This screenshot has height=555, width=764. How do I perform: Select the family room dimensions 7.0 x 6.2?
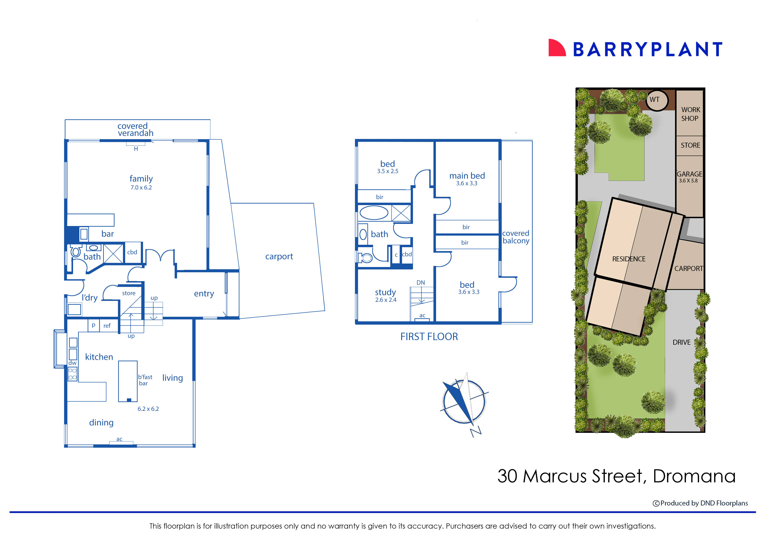point(141,188)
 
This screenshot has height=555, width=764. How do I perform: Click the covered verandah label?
point(135,129)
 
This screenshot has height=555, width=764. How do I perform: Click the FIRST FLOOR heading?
point(429,337)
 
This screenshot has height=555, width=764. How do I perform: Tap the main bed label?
point(467,176)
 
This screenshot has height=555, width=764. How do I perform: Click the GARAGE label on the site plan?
point(689,174)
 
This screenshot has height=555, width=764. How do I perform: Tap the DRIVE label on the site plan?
point(681,342)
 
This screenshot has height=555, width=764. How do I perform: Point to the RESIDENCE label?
point(629,259)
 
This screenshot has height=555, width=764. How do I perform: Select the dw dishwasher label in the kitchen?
point(72,363)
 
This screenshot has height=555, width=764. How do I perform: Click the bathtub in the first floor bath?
point(374,213)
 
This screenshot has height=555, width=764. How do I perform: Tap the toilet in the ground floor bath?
point(76,251)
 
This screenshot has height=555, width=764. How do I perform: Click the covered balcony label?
point(515,237)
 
